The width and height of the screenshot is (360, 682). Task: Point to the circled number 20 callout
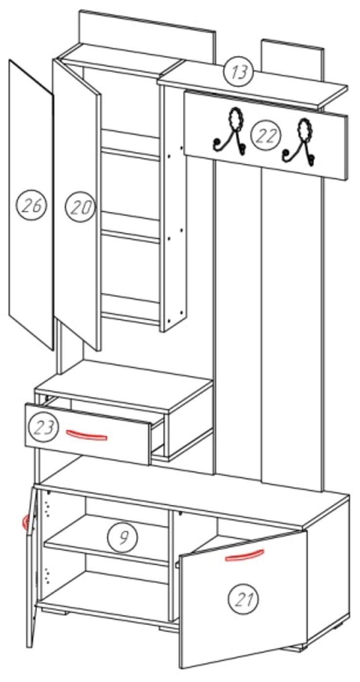(80, 207)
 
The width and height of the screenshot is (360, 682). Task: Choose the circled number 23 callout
(43, 427)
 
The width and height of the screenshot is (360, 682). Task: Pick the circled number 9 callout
(122, 538)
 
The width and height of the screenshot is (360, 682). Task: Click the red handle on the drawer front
(86, 435)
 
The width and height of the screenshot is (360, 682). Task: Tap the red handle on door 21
(244, 554)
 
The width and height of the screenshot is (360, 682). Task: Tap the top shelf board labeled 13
(253, 84)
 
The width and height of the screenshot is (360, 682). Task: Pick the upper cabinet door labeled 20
(77, 204)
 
